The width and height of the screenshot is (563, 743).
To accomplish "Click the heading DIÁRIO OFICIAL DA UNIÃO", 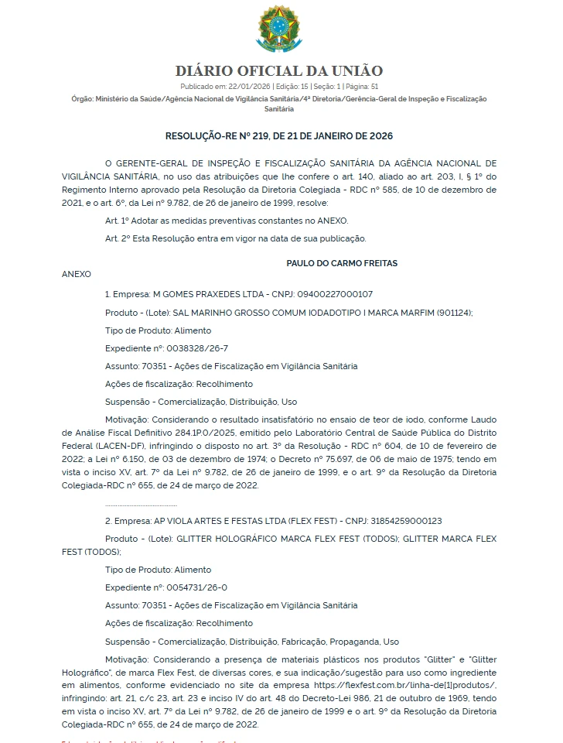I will [279, 71].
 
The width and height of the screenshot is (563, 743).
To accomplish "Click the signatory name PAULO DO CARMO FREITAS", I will [342, 263].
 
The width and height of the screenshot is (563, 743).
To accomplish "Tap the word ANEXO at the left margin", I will [77, 274].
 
